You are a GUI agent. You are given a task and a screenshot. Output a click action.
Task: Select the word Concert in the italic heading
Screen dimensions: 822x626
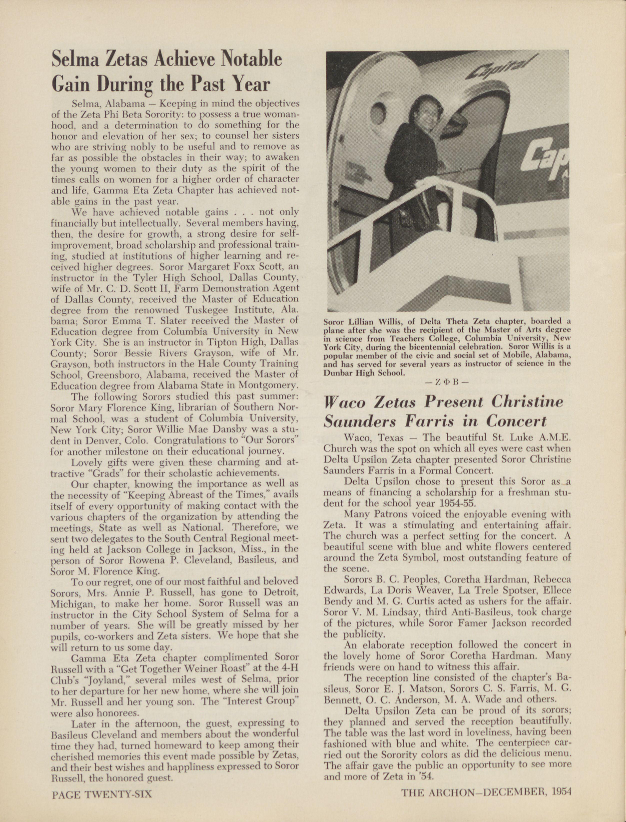[x=517, y=421]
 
